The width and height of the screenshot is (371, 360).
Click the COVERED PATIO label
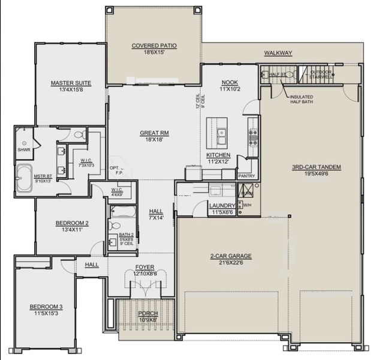153,46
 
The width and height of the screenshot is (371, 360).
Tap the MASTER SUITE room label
71,83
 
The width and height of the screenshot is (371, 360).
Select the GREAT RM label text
153,133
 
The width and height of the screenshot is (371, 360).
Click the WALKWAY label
278,53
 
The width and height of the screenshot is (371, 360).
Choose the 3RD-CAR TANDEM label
316,167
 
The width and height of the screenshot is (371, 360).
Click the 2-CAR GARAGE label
231,256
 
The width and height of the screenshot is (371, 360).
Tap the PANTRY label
246,176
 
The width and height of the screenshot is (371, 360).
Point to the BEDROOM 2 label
72,223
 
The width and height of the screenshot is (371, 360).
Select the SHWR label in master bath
23,150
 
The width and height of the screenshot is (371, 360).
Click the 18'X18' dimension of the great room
153,139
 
